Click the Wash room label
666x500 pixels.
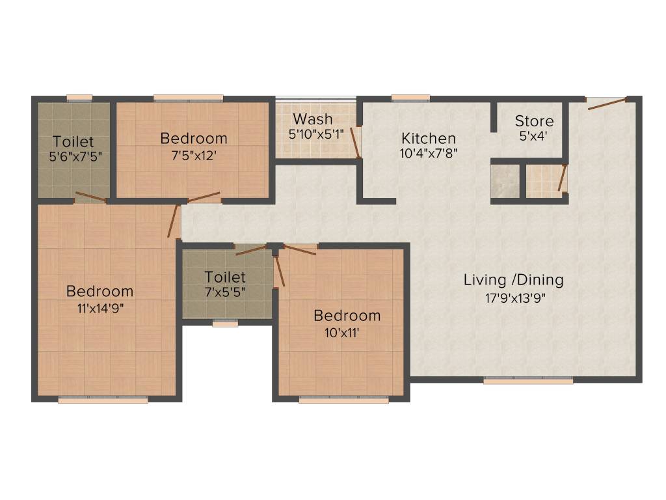point(312,119)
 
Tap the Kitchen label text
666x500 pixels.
point(428,138)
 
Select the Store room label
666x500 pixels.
point(534,121)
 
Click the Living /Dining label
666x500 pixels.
point(513,280)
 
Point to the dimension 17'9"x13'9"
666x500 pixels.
point(513,298)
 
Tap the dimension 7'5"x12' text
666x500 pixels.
point(193,156)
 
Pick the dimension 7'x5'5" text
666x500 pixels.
point(225,292)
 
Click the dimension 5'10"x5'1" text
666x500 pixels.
point(316,135)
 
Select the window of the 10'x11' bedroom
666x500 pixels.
point(343,400)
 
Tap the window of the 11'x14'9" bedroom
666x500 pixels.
point(103,400)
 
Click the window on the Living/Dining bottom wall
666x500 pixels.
point(528,381)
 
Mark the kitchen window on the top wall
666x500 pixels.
point(410,98)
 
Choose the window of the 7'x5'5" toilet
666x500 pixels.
point(225,323)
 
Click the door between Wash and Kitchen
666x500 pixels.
point(355,143)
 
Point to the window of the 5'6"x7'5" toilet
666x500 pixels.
point(79,98)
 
